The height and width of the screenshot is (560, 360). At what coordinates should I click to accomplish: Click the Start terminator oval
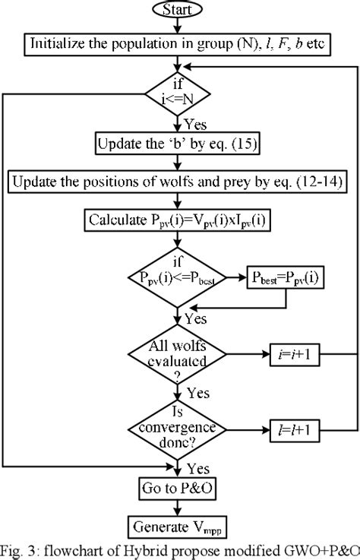(x=177, y=10)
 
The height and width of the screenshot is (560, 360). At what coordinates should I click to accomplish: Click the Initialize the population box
(x=177, y=43)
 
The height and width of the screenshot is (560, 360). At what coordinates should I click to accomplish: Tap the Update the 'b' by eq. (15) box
(x=177, y=143)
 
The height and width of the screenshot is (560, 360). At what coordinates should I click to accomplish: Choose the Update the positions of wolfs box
(x=177, y=182)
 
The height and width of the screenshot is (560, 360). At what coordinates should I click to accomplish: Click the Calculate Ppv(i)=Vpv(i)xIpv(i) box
(x=177, y=221)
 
